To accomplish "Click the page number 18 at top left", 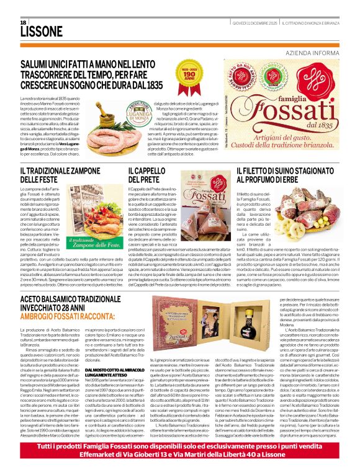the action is [15, 22].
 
